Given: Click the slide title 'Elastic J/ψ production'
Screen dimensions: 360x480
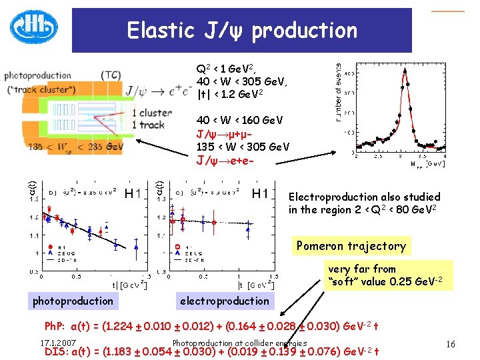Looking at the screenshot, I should [242, 30].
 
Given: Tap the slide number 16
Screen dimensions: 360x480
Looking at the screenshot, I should [451, 344].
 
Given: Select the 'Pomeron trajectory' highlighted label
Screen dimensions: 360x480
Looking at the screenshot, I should [351, 245].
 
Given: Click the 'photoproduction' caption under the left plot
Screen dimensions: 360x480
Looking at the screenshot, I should [73, 301].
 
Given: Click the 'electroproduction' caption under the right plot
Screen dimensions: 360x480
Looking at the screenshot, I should [225, 301].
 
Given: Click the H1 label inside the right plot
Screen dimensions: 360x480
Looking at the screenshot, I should [259, 193].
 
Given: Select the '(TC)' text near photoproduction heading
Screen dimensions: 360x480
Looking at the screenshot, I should [111, 75].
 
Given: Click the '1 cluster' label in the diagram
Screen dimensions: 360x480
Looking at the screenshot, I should [153, 113].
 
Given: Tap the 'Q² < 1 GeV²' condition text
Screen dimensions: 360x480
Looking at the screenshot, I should [227, 69].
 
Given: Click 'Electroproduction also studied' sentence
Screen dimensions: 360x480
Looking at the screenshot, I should [364, 197].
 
